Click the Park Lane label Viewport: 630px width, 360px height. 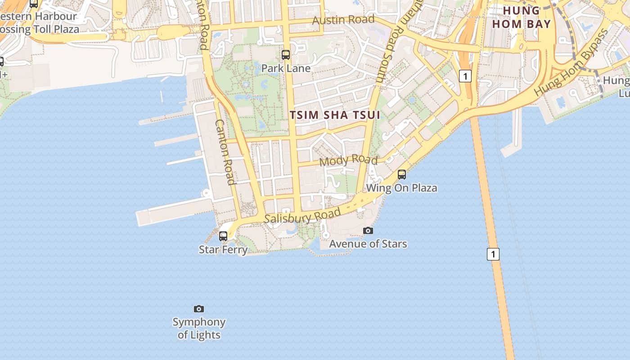pyautogui.click(x=286, y=68)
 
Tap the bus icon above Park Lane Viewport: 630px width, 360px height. pyautogui.click(x=286, y=55)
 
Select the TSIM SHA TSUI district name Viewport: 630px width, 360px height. pyautogui.click(x=335, y=115)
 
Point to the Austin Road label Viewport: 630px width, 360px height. pyautogui.click(x=343, y=20)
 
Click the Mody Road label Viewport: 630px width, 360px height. pyautogui.click(x=348, y=160)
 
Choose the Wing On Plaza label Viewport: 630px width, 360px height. pyautogui.click(x=402, y=188)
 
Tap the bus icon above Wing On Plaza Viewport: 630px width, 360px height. pyautogui.click(x=402, y=174)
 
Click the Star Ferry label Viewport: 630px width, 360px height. pyautogui.click(x=223, y=249)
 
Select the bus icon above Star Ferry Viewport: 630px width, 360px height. pyautogui.click(x=223, y=236)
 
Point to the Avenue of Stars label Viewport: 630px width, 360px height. pyautogui.click(x=368, y=244)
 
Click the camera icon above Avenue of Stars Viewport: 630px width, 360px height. pyautogui.click(x=368, y=231)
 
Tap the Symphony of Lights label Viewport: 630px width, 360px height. pyautogui.click(x=199, y=328)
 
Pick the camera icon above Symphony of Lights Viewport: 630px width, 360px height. pyautogui.click(x=199, y=309)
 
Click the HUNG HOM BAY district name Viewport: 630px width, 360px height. pyautogui.click(x=522, y=17)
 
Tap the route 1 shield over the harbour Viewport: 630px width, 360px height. pyautogui.click(x=493, y=254)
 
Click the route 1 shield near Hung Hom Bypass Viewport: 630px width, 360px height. pyautogui.click(x=465, y=76)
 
